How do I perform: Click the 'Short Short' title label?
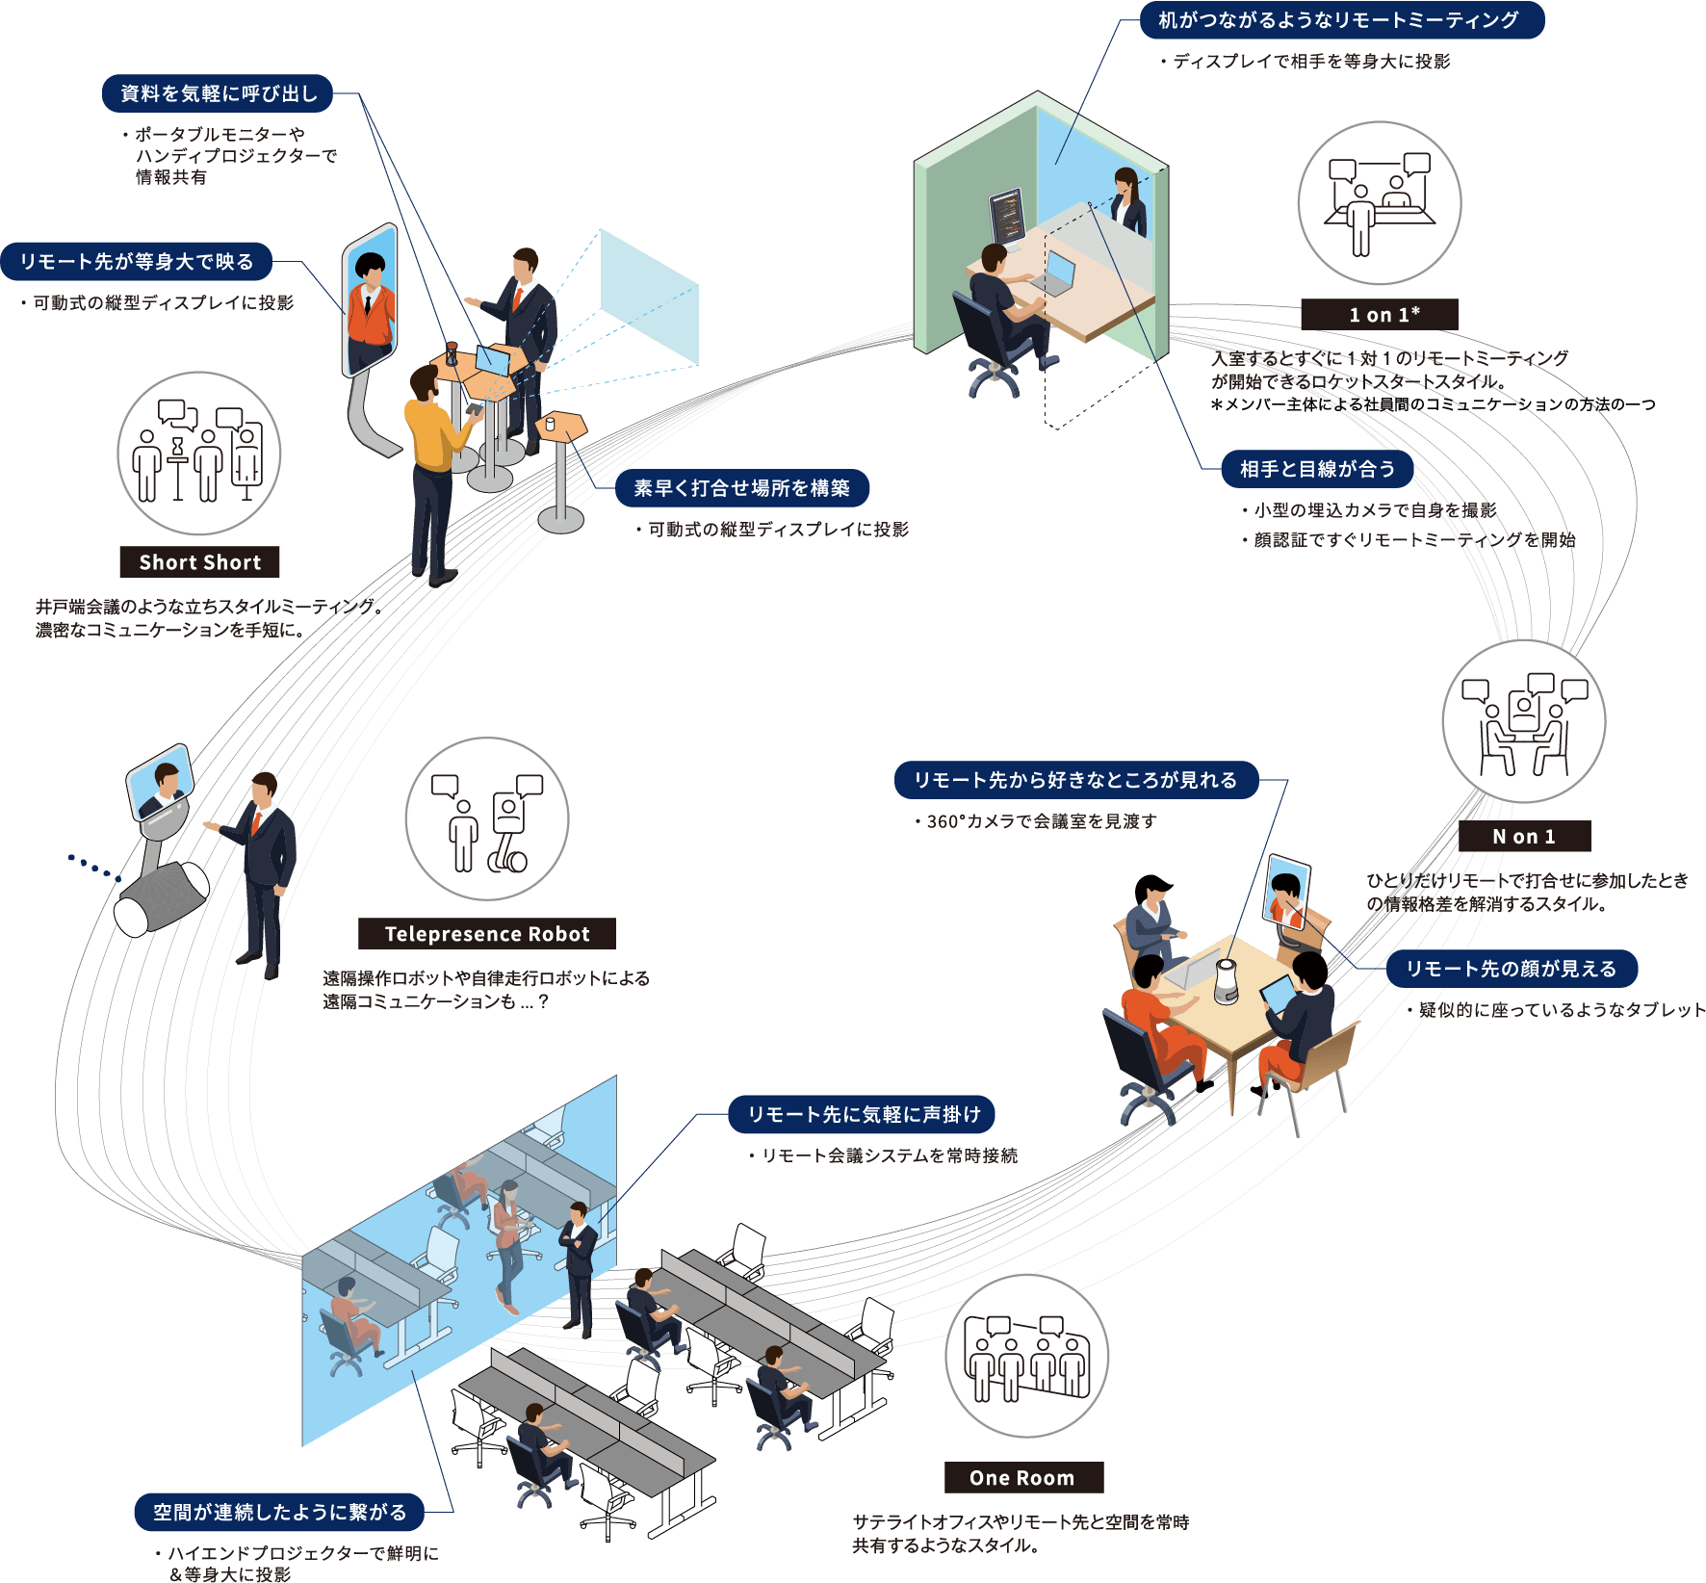199,562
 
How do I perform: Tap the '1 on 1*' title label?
1379,315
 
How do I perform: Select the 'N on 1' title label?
1524,837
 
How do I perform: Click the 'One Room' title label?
1022,1478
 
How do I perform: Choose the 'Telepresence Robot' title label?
487,934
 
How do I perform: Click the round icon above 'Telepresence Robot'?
487,819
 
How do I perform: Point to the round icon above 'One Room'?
1027,1356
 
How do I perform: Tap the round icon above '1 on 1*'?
1380,203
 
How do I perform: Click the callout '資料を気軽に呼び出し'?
218,93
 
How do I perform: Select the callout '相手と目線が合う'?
1317,469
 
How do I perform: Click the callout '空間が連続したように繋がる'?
279,1512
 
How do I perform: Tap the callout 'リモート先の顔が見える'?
1511,969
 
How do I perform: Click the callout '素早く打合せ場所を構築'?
741,488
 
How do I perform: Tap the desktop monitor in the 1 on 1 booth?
1007,216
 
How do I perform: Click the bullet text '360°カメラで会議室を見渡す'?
1040,821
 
